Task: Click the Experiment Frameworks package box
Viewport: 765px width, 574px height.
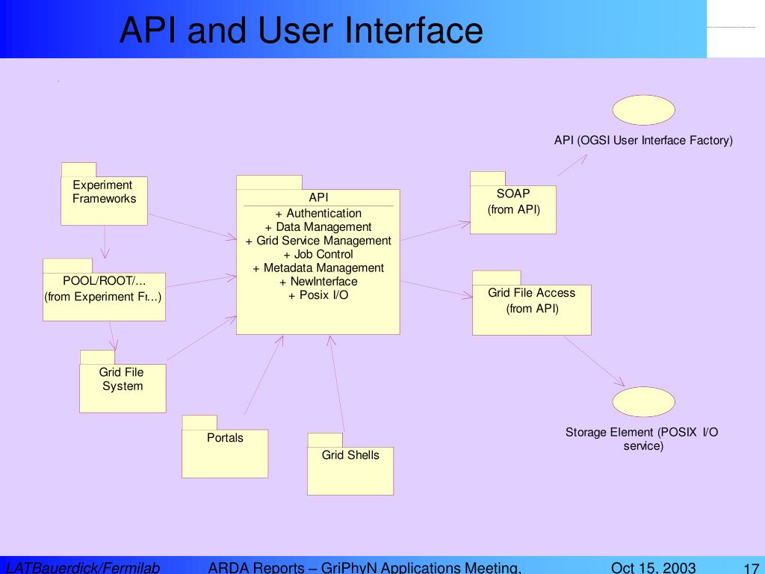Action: (104, 200)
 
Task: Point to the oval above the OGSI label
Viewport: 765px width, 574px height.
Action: (643, 110)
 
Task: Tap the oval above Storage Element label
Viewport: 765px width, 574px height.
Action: (643, 401)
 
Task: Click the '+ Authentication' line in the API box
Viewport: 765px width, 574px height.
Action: (318, 214)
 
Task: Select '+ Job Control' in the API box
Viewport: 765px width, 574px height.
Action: (318, 254)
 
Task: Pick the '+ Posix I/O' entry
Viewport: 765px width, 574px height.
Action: (318, 295)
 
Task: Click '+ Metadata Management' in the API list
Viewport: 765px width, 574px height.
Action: (318, 268)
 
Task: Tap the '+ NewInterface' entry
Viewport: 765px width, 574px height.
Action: (318, 282)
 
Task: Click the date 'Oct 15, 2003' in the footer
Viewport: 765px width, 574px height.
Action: (653, 567)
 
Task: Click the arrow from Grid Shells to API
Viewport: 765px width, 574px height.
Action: (338, 384)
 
